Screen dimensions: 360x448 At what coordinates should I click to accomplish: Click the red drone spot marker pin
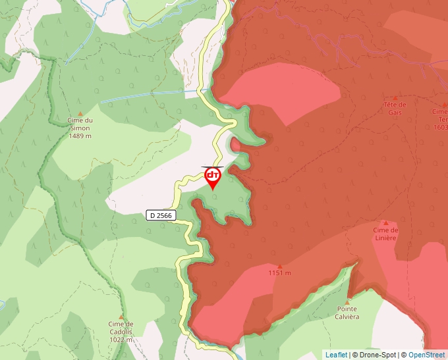coord(213,177)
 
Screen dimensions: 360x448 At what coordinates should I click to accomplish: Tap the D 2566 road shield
coord(161,215)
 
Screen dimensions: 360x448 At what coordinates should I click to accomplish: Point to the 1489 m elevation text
coord(80,136)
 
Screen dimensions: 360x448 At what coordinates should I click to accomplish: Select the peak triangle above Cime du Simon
coord(80,114)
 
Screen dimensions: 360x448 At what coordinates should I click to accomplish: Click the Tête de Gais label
coord(395,108)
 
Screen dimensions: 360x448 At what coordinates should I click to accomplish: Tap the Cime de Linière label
coord(385,234)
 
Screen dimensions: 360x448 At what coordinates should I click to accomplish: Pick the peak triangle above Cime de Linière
coord(385,223)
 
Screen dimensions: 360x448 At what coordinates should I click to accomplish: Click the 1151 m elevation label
coord(279,273)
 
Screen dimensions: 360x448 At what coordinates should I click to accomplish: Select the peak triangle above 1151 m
coord(279,265)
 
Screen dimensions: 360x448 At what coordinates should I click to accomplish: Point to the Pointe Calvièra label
coord(347,312)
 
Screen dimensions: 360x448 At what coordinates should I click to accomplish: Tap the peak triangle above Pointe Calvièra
coord(348,301)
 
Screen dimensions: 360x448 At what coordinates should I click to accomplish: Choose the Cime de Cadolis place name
coord(121,327)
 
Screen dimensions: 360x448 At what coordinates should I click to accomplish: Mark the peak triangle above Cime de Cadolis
coord(121,317)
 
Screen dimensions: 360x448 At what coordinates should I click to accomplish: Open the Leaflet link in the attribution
coord(336,355)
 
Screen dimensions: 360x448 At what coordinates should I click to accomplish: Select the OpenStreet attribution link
coord(426,355)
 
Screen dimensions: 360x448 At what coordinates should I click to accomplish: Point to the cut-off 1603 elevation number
coord(440,127)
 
